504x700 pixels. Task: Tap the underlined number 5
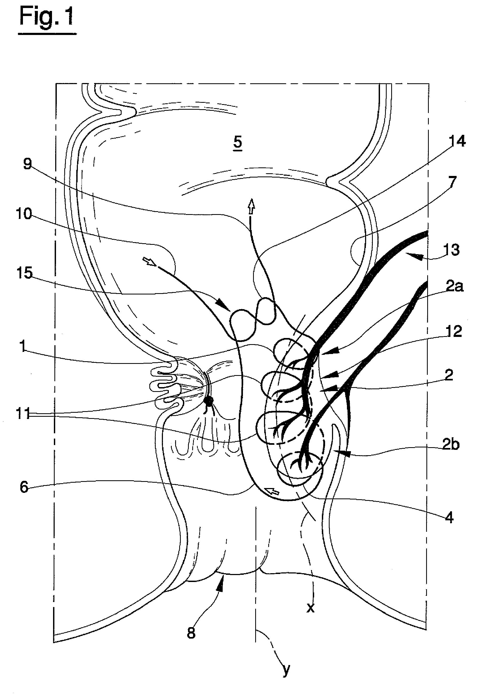(238, 143)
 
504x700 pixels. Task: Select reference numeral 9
(28, 164)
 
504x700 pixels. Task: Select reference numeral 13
(451, 250)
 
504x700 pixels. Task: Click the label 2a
(455, 287)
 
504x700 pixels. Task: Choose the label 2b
(451, 445)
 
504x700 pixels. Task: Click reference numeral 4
(449, 518)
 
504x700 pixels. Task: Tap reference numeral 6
(24, 487)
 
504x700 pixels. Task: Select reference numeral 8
(191, 633)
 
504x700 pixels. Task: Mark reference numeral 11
(23, 414)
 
